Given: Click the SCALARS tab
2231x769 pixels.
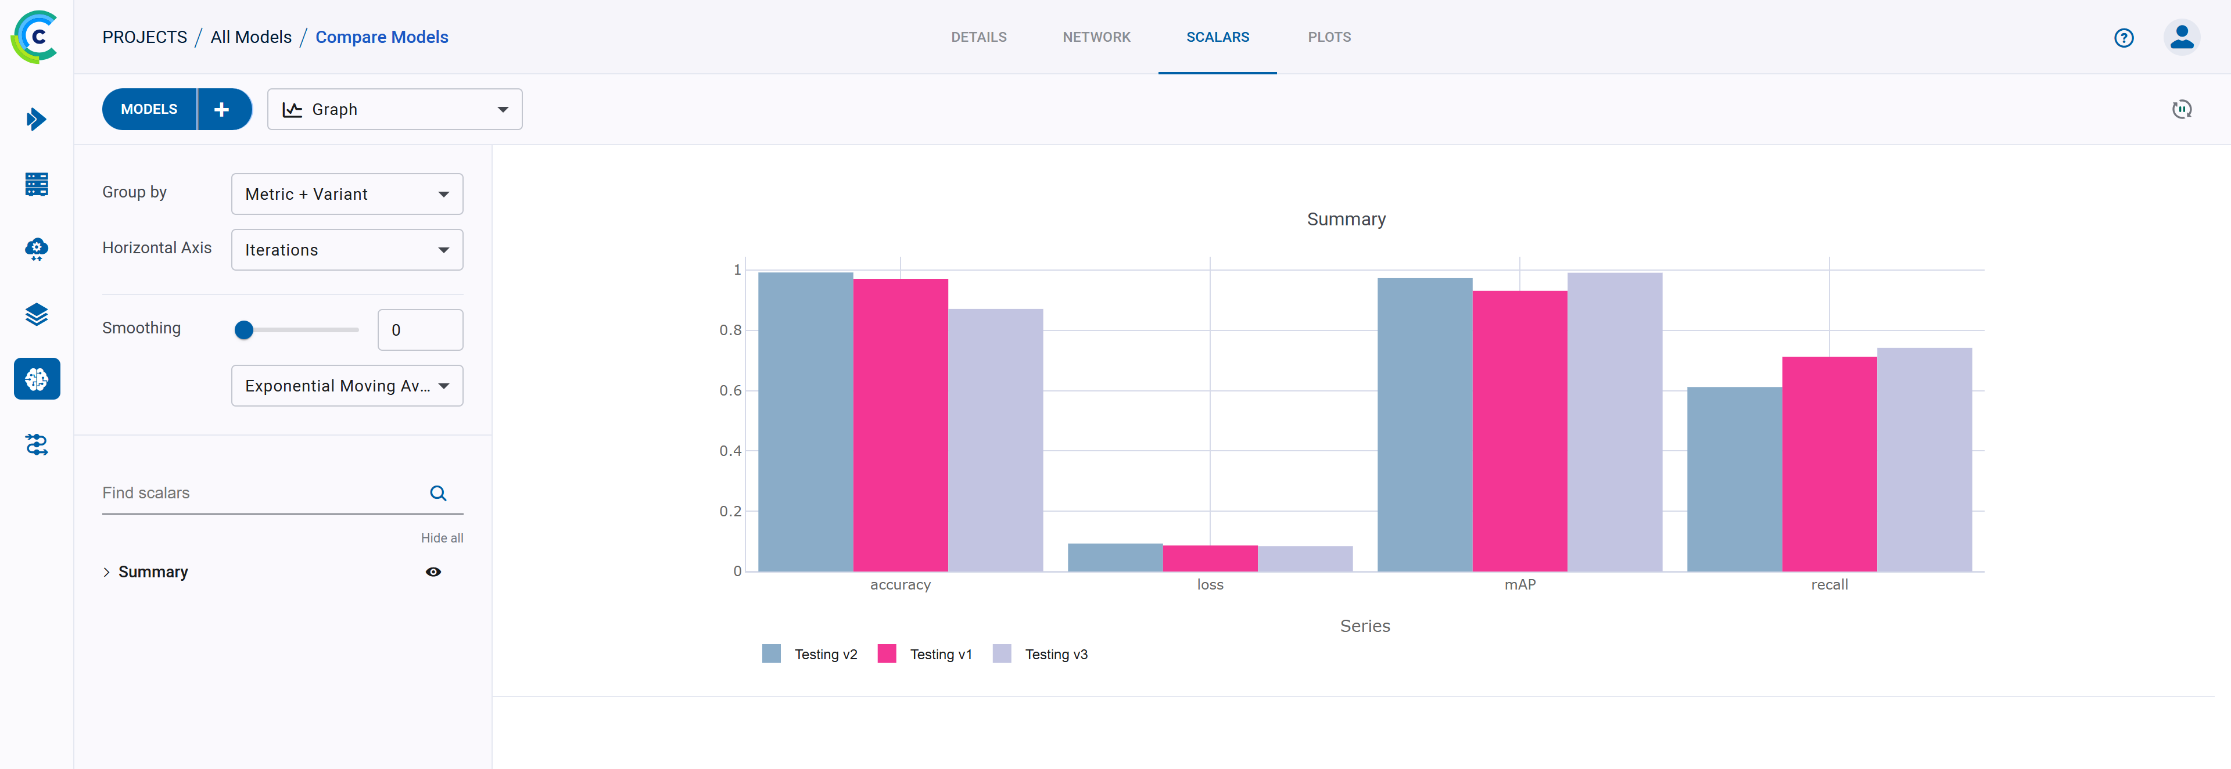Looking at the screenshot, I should (1217, 37).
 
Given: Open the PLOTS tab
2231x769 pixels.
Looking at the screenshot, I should (1329, 37).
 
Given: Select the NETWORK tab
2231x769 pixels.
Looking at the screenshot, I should (1096, 37).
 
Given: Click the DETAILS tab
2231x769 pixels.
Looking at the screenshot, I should (978, 37).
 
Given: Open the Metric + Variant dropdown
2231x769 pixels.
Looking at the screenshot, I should (346, 194).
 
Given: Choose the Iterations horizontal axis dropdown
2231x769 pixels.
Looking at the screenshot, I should (346, 249).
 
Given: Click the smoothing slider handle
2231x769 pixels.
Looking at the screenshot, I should (244, 330).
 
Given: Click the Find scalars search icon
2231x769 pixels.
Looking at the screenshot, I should (438, 493).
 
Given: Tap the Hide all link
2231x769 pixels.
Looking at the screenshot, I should (442, 538).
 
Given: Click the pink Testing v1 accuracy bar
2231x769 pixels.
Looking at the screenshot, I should (900, 425).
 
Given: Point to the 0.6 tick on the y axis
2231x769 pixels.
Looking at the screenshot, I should (730, 390).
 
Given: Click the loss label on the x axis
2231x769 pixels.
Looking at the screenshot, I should (1210, 584).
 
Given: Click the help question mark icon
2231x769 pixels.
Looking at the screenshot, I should (2124, 37).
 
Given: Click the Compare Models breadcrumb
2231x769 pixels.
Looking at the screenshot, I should (381, 37).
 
